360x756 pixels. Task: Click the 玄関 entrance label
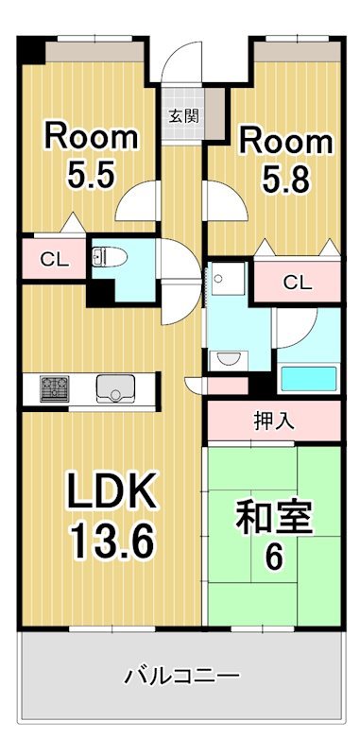tap(183, 117)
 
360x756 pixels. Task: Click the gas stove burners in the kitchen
tap(54, 387)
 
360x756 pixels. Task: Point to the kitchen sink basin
tap(115, 387)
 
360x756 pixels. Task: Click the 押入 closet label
tap(274, 420)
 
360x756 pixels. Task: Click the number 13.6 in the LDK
tap(111, 541)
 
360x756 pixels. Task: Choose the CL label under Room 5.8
tap(297, 281)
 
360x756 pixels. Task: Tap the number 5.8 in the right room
tap(284, 180)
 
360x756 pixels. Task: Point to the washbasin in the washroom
tap(226, 359)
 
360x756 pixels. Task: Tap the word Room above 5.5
tap(92, 137)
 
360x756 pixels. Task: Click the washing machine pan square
tap(228, 280)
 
